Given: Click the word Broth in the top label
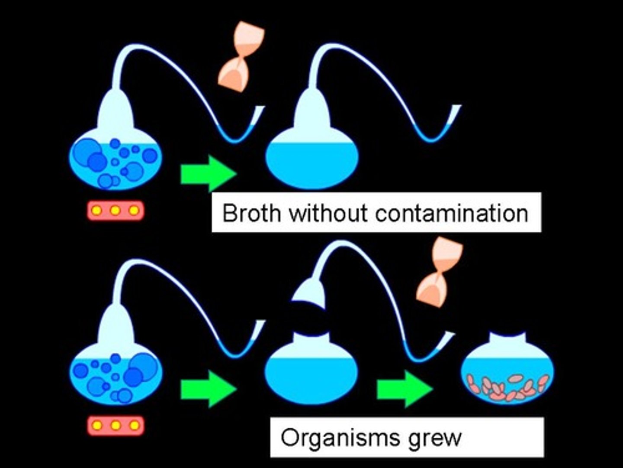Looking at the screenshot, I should click(250, 213).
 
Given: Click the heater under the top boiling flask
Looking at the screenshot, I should click(115, 211).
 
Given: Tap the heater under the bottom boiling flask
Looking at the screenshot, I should click(115, 426).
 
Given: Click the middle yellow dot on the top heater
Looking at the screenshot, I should click(115, 211).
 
